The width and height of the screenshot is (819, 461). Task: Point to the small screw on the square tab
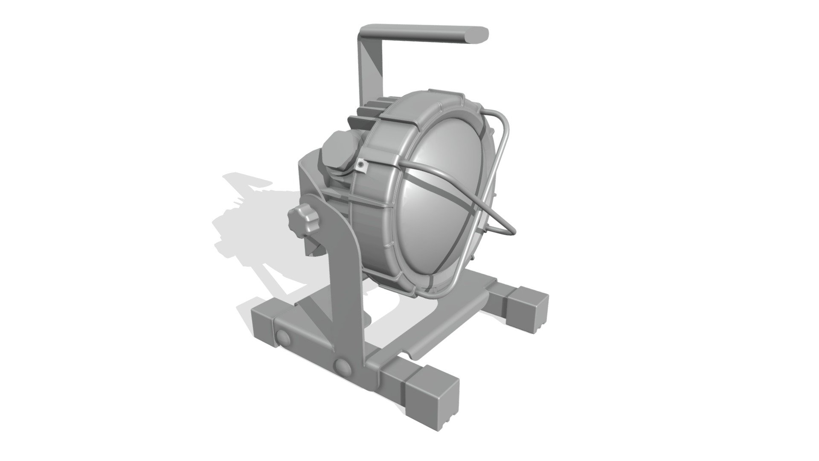pos(361,163)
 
